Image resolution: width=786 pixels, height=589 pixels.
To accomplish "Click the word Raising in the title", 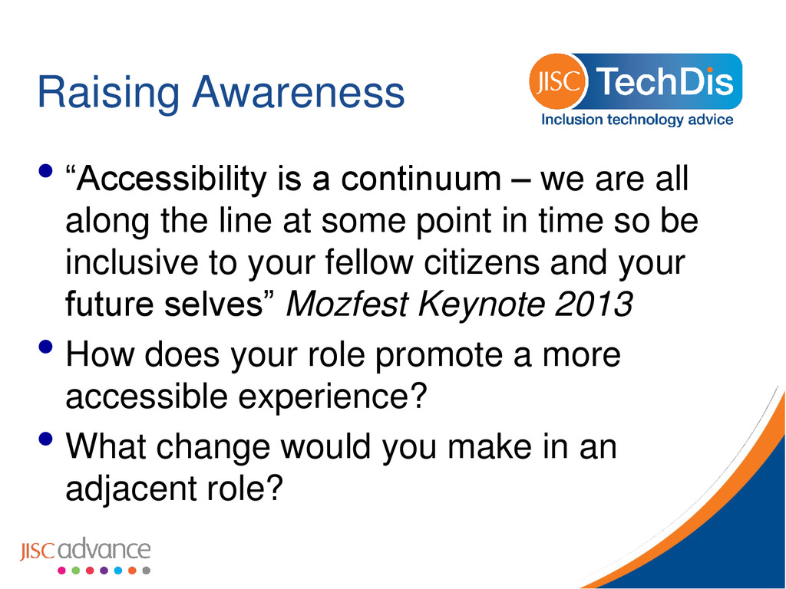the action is click(108, 93).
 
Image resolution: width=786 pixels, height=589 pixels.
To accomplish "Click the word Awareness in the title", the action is click(299, 92).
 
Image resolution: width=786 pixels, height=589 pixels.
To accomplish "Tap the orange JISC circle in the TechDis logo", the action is click(557, 81).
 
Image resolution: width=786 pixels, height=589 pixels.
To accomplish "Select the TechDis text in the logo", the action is click(665, 81).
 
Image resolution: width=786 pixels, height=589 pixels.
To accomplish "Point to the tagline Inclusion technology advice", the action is click(637, 120).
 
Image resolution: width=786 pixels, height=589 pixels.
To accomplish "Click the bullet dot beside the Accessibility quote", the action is click(45, 171).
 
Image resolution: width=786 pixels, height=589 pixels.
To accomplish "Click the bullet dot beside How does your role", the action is click(45, 347).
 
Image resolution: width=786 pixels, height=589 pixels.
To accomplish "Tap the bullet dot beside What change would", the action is click(45, 439).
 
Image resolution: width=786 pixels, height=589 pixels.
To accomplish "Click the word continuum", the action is click(421, 179).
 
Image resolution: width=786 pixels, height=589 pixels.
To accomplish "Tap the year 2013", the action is click(593, 304).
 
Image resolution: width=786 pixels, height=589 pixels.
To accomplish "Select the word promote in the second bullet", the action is click(438, 356).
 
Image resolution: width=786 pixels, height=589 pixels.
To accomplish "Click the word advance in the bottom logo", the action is click(104, 549).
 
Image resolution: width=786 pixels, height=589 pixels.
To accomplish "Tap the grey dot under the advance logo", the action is click(147, 571).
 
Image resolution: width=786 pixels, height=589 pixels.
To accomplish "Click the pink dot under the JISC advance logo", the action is click(61, 571).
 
